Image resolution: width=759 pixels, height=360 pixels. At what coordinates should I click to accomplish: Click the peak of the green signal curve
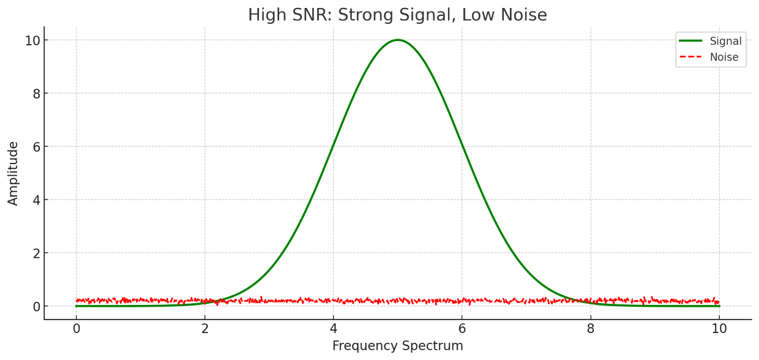tap(398, 40)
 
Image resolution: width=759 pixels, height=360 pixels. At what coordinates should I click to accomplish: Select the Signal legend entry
tap(725, 42)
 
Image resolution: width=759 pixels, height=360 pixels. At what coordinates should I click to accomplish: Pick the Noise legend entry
tap(724, 58)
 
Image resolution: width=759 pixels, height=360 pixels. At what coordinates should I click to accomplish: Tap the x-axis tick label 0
tap(77, 329)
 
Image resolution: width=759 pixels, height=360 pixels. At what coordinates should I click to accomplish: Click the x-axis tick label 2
tap(205, 329)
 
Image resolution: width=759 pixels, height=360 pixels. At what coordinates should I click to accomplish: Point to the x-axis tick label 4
tap(334, 329)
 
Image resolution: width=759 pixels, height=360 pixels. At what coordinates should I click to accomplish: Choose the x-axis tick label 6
tap(462, 329)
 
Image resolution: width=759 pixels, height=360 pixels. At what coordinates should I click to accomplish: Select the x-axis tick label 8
tap(591, 329)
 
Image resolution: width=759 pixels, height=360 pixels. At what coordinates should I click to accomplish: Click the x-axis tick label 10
tap(719, 329)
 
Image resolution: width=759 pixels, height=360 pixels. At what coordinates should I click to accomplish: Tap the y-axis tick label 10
tap(32, 40)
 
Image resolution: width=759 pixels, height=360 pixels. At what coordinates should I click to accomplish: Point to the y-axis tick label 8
tap(36, 94)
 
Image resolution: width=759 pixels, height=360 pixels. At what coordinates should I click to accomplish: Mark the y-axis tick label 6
tap(36, 147)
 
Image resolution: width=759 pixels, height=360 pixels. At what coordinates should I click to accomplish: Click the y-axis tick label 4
tap(36, 200)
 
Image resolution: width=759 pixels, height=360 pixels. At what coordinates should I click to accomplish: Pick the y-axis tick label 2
tap(36, 253)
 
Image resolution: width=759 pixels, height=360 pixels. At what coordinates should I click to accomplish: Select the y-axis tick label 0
tap(36, 306)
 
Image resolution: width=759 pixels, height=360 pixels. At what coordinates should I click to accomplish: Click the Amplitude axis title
tap(13, 173)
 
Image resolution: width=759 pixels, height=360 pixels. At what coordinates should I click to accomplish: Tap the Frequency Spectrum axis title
tap(398, 346)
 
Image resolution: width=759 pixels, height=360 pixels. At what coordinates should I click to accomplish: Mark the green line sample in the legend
tap(690, 42)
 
